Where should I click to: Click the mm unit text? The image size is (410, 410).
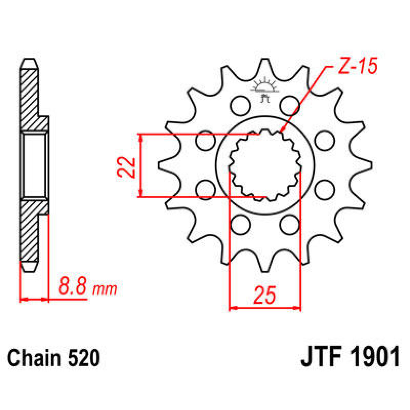pyautogui.click(x=105, y=289)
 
